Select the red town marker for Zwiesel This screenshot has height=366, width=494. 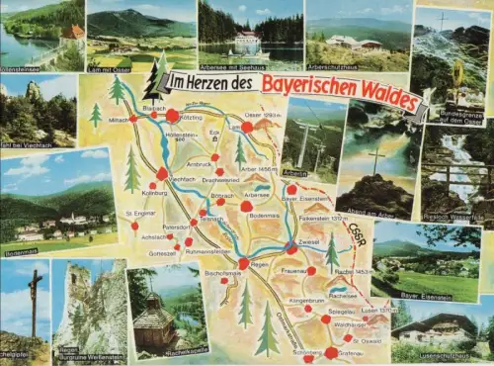point(291,247)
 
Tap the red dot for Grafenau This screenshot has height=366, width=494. point(330,352)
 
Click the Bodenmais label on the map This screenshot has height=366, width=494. point(265,215)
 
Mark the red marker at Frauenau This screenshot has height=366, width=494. point(311,270)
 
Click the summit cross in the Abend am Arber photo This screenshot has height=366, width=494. point(374,158)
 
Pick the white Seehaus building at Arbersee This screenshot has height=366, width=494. point(247,43)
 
